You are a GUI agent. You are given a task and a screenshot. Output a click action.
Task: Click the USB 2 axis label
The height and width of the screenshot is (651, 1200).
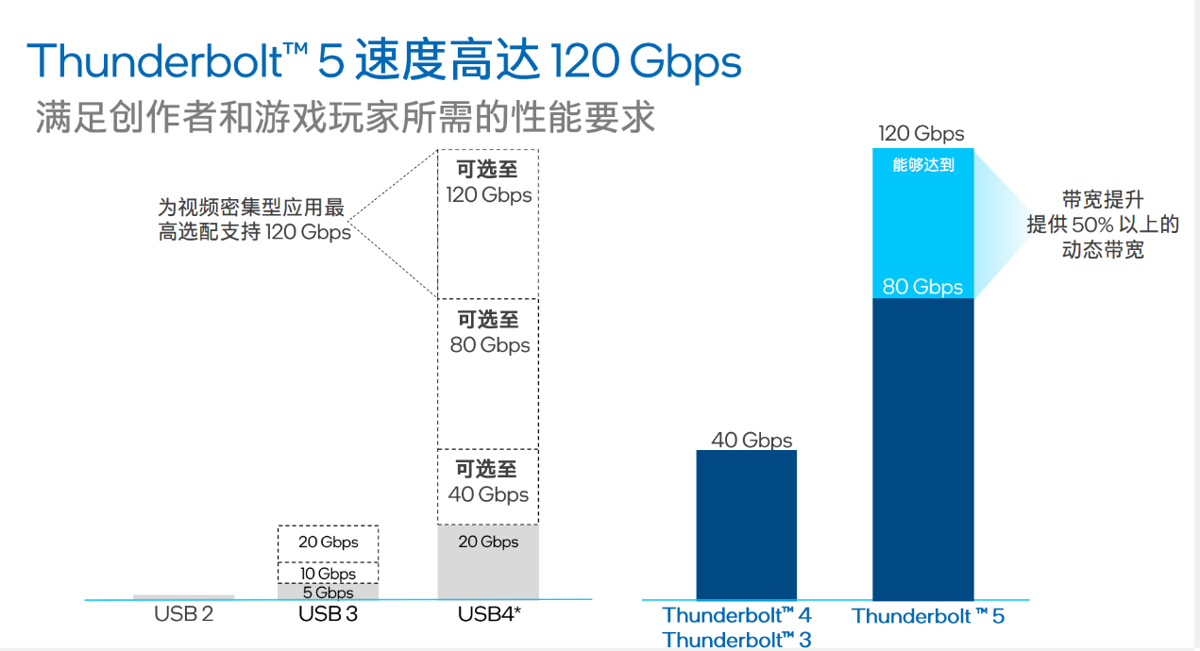tap(183, 615)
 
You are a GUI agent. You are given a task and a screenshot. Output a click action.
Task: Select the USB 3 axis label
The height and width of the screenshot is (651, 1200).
tap(328, 615)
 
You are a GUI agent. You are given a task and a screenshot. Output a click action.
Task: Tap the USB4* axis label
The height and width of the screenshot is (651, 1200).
tap(489, 615)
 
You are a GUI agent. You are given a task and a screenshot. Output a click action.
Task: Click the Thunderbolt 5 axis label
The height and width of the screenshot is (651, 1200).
tap(928, 616)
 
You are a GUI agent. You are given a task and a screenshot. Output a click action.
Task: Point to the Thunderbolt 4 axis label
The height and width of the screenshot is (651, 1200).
tap(736, 615)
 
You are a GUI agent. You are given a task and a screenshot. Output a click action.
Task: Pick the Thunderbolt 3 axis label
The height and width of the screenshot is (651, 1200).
tap(736, 640)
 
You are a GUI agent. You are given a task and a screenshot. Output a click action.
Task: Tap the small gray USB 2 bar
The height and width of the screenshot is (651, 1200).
tap(183, 596)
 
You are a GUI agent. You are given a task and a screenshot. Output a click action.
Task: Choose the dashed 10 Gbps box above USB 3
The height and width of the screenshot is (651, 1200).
tap(328, 573)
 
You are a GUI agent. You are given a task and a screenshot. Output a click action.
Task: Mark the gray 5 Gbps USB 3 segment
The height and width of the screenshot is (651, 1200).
tap(328, 593)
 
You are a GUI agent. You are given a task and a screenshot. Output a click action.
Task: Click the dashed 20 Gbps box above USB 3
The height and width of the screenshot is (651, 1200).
tap(328, 542)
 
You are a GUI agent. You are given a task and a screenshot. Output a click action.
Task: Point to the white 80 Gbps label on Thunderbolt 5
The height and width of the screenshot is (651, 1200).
tap(922, 287)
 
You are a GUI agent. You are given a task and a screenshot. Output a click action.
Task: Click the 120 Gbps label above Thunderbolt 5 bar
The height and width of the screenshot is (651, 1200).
tap(921, 134)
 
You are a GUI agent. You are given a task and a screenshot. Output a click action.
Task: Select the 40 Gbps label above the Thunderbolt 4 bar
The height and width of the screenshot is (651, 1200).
tap(752, 441)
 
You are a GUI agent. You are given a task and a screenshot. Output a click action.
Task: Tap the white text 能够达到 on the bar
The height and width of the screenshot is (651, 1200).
tap(922, 165)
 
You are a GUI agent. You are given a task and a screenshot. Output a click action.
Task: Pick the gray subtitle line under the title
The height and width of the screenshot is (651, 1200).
tap(345, 119)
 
